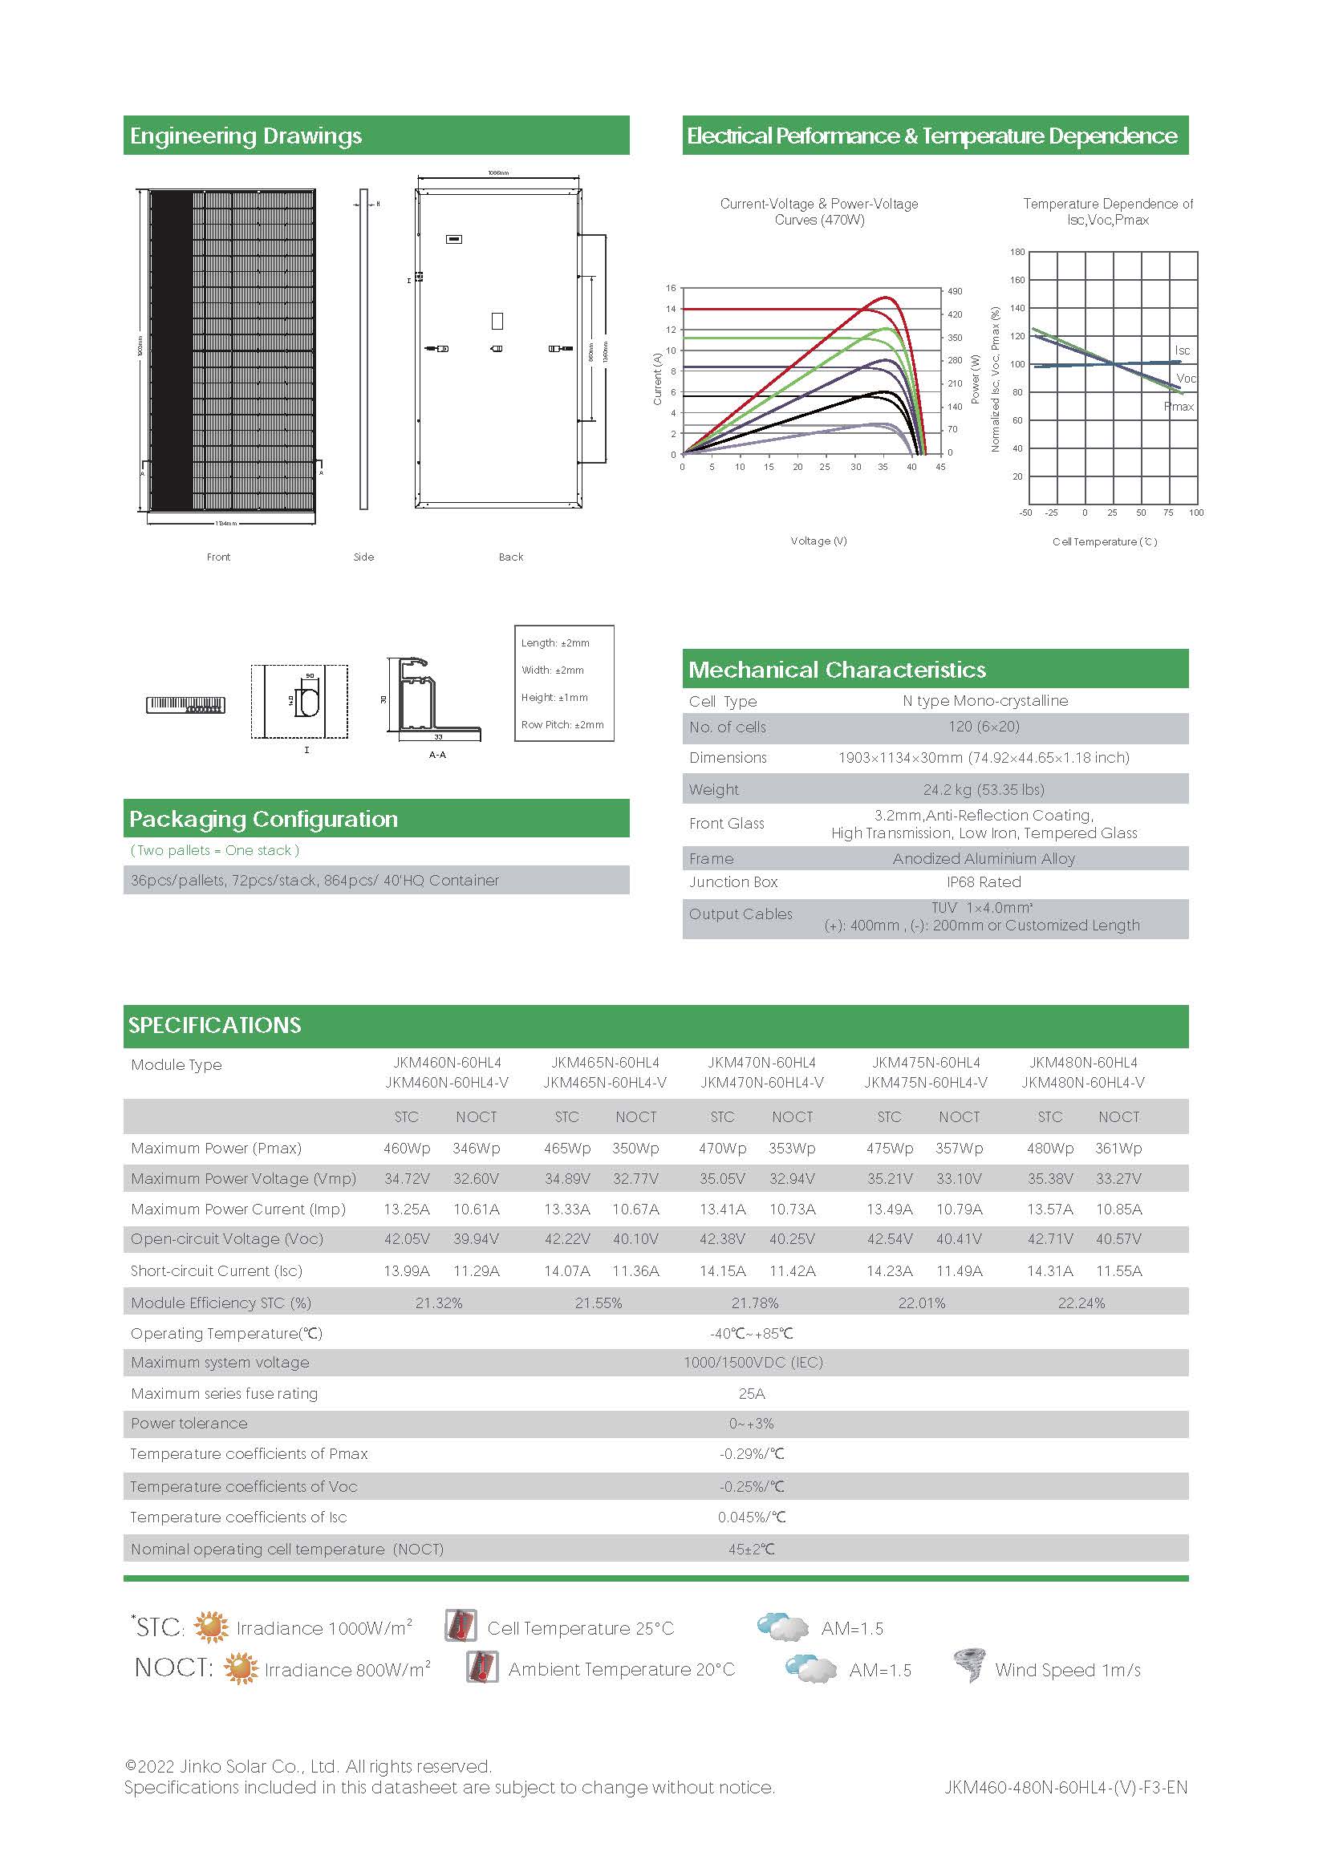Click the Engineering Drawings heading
246,136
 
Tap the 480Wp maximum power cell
1050,1148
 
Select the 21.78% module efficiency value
754,1303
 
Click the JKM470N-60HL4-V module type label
761,1082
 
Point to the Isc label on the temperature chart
1182,350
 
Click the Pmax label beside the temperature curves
1179,406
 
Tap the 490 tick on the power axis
955,291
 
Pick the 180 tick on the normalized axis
1017,252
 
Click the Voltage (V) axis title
818,541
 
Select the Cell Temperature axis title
1104,541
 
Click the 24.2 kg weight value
983,789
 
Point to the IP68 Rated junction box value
983,881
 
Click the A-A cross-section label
437,755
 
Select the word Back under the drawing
511,557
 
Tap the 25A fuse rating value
752,1393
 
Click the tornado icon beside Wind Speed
969,1664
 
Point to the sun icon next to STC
211,1627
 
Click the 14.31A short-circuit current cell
1050,1270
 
